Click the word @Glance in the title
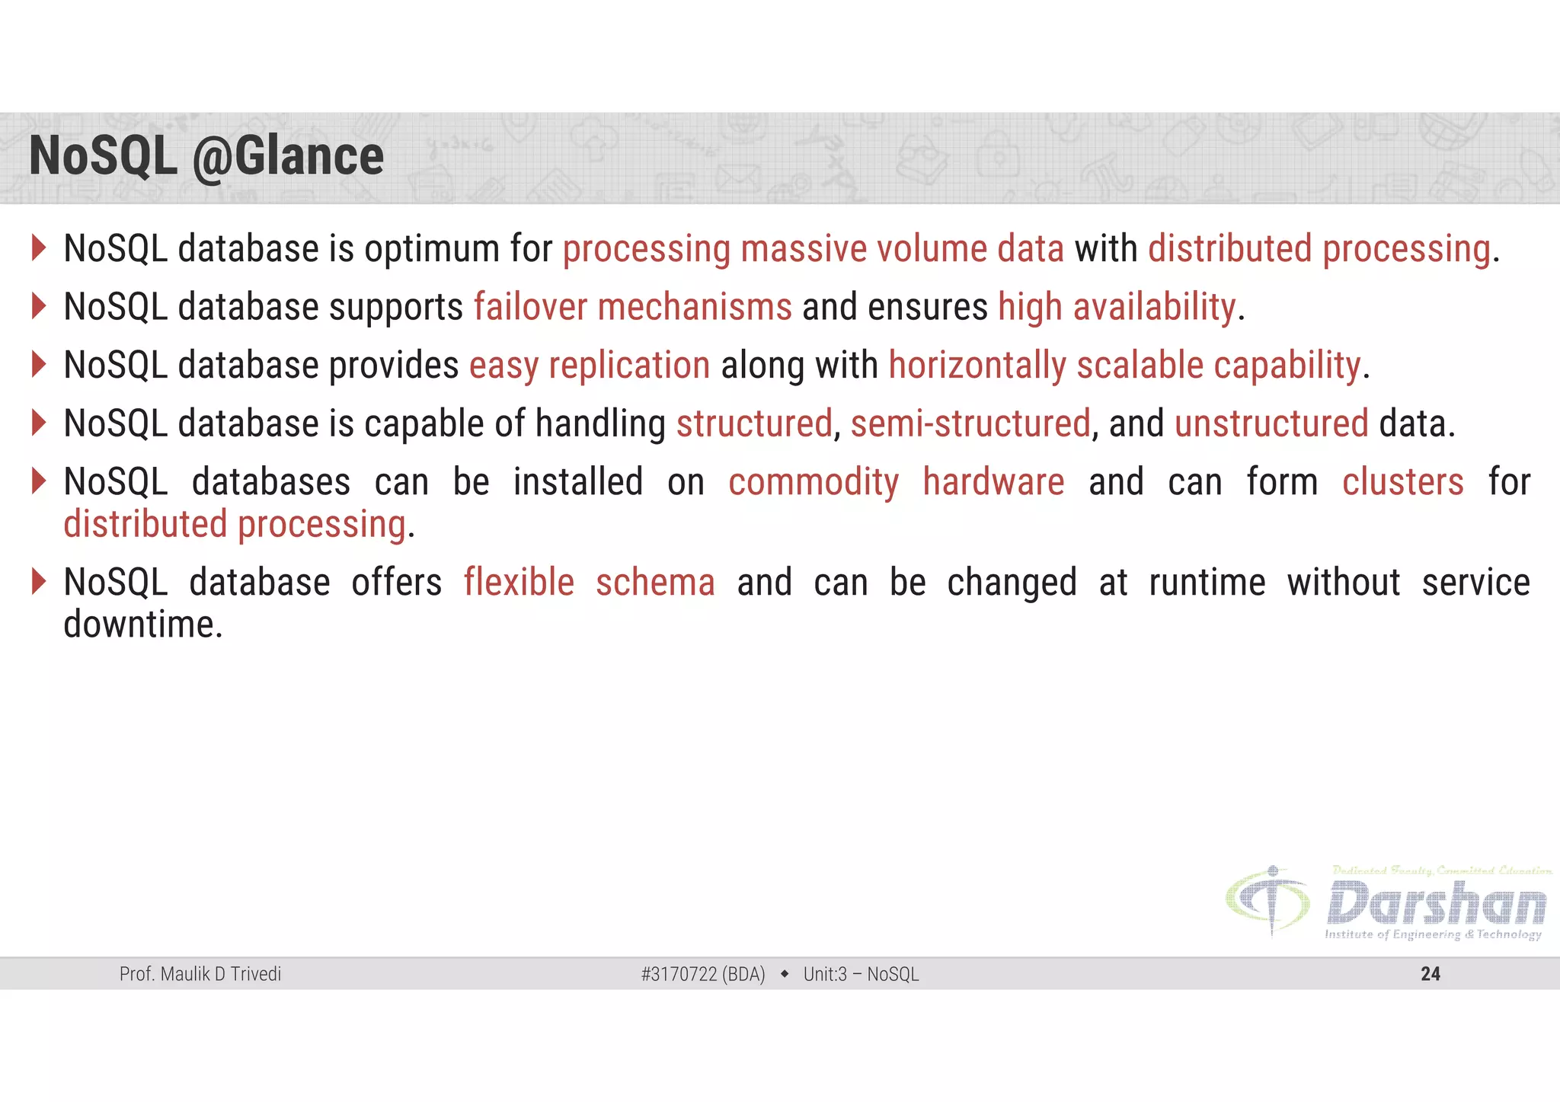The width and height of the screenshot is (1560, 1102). tap(288, 158)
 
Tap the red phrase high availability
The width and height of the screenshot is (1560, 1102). tap(1117, 308)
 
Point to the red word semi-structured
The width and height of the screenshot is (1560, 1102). tap(970, 423)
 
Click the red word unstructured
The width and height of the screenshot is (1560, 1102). tap(1271, 423)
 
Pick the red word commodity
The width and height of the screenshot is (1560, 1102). tap(814, 483)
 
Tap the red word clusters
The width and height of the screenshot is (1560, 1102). tap(1402, 482)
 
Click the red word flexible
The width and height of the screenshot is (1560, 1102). tap(519, 583)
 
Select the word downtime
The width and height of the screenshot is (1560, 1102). tap(142, 625)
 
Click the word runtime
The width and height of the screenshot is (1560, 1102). tap(1207, 583)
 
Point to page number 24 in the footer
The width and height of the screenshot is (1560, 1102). tap(1430, 974)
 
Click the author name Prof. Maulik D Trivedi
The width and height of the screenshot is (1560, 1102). tap(200, 974)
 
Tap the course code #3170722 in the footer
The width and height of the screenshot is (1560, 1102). tap(679, 974)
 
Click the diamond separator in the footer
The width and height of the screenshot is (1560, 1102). tap(785, 973)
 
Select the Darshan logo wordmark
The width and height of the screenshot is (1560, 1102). tap(1437, 904)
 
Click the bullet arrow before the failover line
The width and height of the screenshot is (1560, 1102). tap(40, 306)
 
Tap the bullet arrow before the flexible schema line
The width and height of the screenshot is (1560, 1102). tap(40, 582)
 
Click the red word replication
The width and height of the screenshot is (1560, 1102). tap(629, 366)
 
